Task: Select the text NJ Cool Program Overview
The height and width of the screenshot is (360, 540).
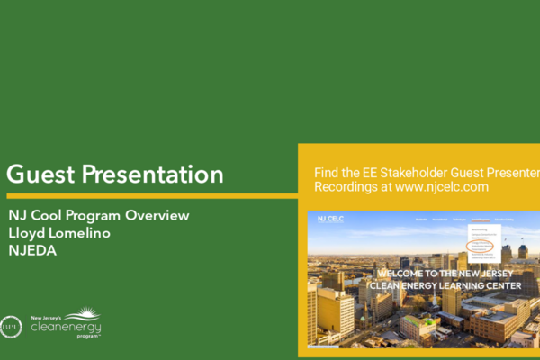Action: [x=98, y=216]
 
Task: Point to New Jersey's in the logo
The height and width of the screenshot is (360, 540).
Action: [x=46, y=317]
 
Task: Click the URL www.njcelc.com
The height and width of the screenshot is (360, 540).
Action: [x=441, y=187]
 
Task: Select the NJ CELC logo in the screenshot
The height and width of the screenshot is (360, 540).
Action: [x=330, y=219]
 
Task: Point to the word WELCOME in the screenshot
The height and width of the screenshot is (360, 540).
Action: [x=401, y=274]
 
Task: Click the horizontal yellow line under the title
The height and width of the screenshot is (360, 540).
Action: [x=148, y=195]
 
